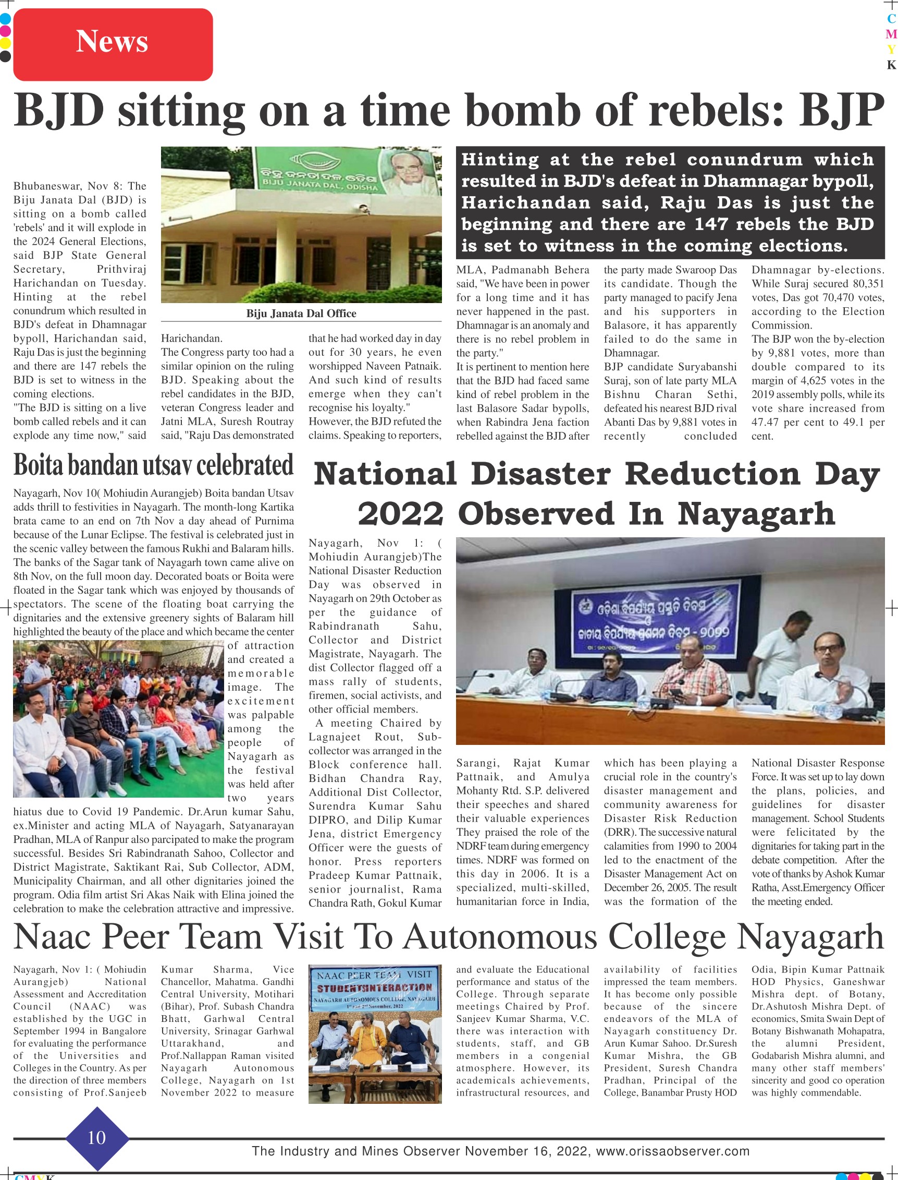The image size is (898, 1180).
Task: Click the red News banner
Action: pos(113,44)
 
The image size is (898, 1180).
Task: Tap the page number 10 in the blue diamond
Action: pos(97,1137)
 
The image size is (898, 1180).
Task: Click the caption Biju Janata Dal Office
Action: pos(301,314)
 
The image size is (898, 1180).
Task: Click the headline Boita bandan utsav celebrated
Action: pos(153,465)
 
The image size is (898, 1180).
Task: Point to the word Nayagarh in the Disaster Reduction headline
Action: pos(756,514)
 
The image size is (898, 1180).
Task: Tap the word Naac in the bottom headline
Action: pos(53,937)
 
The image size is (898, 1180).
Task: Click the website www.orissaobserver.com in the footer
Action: pos(672,1151)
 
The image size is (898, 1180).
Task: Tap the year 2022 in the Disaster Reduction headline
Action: pos(400,514)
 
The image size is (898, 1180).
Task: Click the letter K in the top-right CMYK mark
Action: pos(891,65)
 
